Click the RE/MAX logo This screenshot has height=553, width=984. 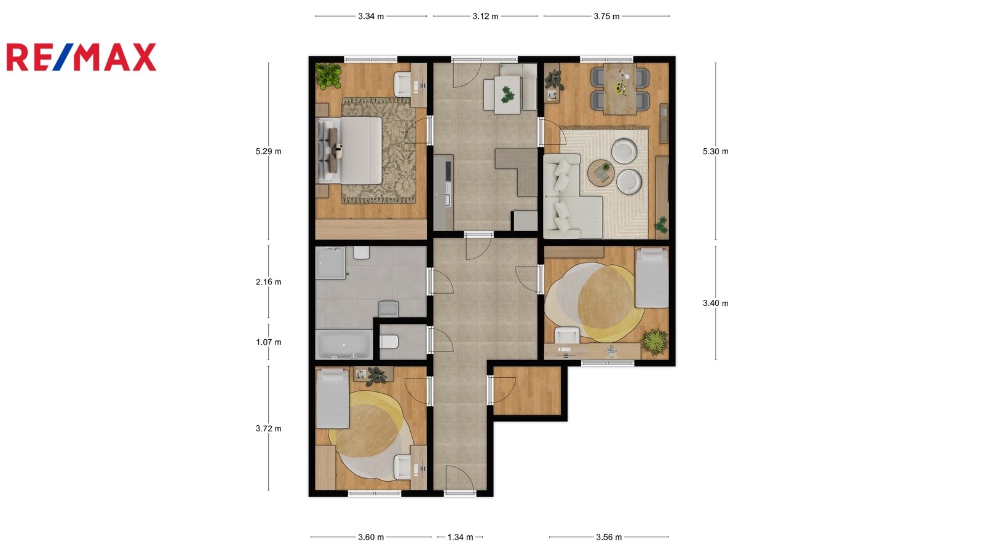coord(81,57)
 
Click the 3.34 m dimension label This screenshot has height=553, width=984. coord(371,16)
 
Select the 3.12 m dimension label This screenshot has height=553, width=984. coord(485,16)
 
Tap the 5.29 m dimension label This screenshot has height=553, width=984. coord(268,151)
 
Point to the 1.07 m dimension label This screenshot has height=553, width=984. coord(268,342)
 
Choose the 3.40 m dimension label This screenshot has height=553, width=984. coord(716,304)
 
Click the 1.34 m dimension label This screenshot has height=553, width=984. coord(461,537)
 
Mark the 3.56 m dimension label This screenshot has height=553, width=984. coord(609,537)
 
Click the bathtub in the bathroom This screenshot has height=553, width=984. coord(344,345)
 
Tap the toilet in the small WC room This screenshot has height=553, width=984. coord(389,341)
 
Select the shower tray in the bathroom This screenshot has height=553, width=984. coord(330,262)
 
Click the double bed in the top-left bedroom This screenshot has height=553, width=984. coord(349,151)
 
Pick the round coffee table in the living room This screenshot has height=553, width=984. coord(600,171)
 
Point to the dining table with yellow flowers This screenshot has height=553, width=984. coord(620,89)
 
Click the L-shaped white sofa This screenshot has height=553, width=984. coord(571,196)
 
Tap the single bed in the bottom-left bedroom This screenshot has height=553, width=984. coord(333,398)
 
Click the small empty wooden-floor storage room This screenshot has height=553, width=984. coord(527,390)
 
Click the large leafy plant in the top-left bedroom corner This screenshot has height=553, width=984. coord(328,76)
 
